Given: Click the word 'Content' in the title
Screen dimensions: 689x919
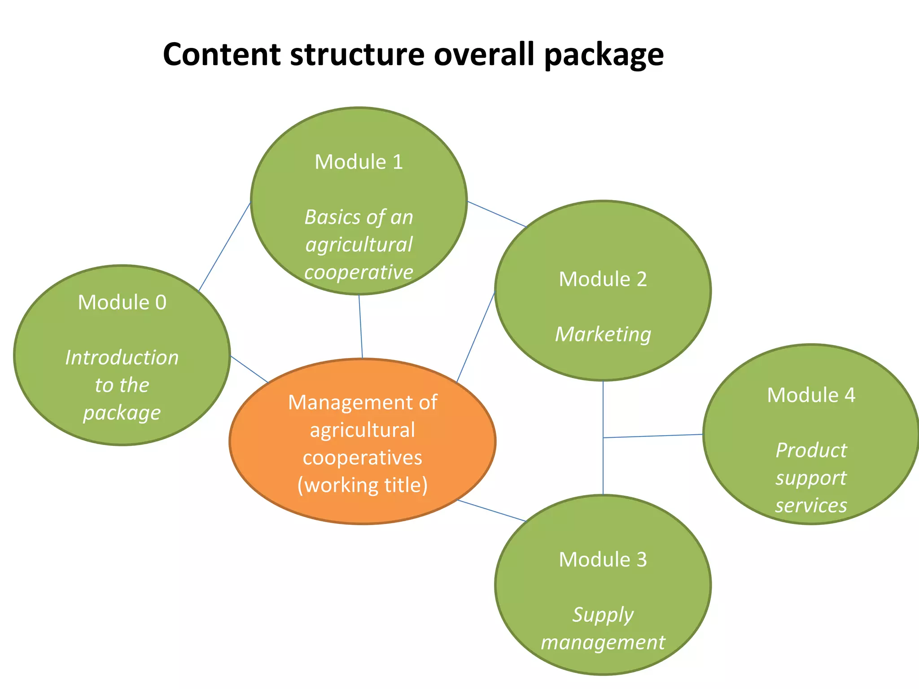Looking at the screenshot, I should coord(222,54).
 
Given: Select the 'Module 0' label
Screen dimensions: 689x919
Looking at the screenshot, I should coord(122,302).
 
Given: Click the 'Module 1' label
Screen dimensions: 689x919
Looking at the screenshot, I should coord(359,162).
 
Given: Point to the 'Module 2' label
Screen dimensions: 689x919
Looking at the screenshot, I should coord(603,279).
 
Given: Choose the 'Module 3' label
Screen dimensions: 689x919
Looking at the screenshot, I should coord(603,559).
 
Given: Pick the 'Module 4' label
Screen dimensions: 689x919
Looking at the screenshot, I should coord(811,395).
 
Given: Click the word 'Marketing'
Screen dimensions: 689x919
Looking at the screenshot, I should coord(603,335).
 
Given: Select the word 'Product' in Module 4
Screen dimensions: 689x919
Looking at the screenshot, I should coord(811,450).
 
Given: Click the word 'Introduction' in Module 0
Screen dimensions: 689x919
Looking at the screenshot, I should coord(122,358).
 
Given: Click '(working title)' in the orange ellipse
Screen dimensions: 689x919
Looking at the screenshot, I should coord(362,485).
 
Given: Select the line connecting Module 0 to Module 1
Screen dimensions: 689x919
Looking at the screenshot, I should coord(224,247).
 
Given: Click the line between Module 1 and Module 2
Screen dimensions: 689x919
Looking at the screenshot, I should coord(496,214).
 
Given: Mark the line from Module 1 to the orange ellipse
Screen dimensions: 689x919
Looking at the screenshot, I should coord(360,327).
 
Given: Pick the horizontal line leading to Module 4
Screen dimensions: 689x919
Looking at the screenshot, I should coord(653,436).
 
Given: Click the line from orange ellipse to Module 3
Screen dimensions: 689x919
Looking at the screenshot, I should coord(491,510).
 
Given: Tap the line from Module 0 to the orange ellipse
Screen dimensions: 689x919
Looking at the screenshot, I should coord(249,369).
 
